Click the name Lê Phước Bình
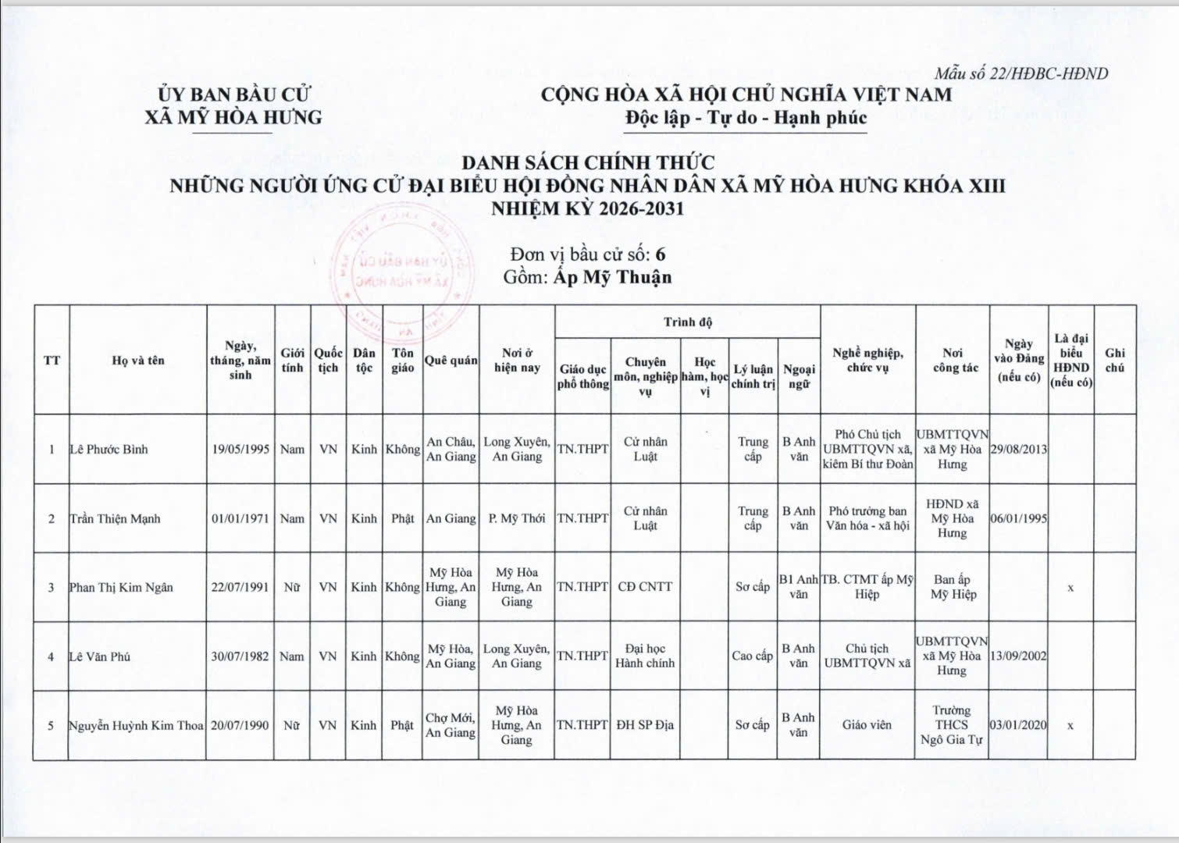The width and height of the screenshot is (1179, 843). click(109, 450)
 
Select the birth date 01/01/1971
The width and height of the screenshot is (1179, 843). click(240, 518)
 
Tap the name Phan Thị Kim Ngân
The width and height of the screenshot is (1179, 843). click(120, 587)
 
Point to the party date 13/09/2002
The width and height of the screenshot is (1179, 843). click(1018, 656)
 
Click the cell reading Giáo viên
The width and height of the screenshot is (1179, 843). click(867, 725)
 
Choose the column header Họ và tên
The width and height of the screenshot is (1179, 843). click(138, 360)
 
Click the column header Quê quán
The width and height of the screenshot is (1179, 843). click(451, 360)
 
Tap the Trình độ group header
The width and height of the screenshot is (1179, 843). click(687, 322)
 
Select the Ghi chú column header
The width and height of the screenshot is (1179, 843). click(1114, 360)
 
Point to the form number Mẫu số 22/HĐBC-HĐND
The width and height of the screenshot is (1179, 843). click(1021, 74)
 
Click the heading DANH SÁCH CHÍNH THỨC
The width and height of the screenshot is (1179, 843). click(588, 163)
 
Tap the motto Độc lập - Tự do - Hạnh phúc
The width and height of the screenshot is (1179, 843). click(746, 118)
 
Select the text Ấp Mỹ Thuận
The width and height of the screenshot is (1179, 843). click(612, 277)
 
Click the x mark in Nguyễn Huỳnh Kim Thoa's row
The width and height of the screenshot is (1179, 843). click(1070, 725)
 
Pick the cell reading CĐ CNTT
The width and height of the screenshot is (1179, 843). click(645, 587)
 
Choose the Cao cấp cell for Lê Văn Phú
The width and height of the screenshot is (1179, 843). click(752, 656)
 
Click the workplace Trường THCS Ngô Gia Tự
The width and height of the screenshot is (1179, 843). click(951, 725)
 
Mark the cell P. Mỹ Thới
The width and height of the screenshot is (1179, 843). click(516, 518)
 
